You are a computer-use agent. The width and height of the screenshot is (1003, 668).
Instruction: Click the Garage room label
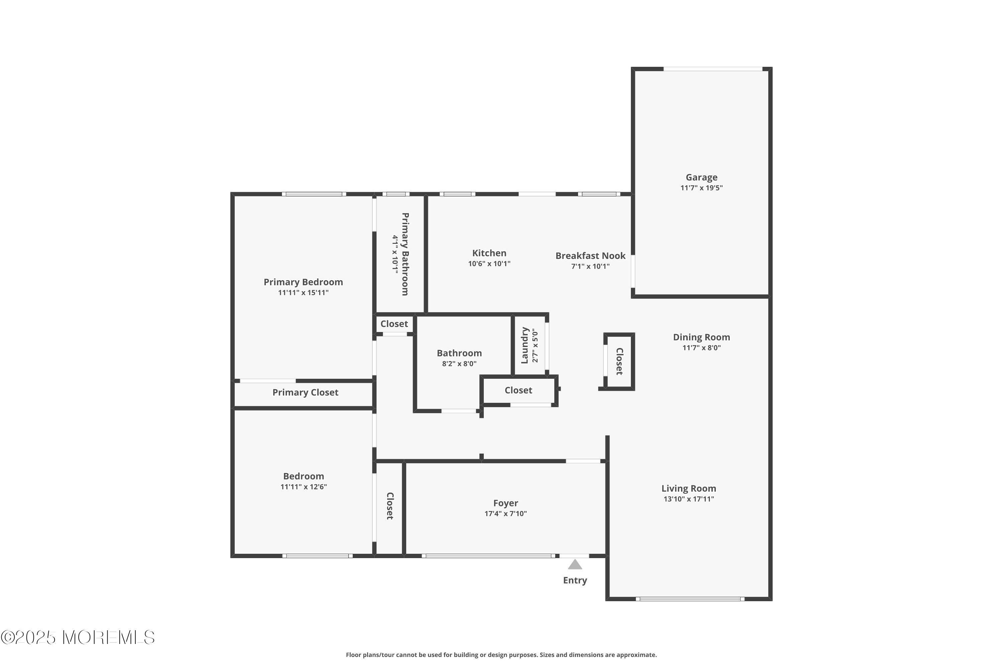point(701,178)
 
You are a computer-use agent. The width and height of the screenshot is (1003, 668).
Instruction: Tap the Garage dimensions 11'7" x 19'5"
point(701,188)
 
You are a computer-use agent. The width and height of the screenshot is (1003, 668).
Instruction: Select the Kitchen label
point(489,253)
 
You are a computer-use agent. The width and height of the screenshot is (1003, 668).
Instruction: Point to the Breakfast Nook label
point(590,256)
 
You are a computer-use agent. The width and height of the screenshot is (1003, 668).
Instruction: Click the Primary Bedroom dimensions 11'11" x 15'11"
point(303,293)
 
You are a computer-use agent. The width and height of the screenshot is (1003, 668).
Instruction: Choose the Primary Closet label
point(305,392)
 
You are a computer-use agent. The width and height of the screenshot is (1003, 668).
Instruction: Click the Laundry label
point(525,345)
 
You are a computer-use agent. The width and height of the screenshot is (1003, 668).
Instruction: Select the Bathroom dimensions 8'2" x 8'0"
point(459,364)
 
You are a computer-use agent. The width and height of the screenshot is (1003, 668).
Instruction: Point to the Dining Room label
point(701,337)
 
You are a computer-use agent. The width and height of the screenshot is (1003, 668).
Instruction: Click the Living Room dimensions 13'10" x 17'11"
point(689,499)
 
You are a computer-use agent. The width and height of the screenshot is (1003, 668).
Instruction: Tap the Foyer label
point(506,503)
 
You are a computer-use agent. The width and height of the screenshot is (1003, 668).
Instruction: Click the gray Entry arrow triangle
point(575,565)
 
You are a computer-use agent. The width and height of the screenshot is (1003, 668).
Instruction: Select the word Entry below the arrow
point(575,580)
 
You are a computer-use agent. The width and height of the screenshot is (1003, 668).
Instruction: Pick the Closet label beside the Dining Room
point(620,361)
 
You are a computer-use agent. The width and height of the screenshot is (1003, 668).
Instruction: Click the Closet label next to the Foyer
point(390,506)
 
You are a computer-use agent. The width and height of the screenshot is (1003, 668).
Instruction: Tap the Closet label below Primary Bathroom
point(394,324)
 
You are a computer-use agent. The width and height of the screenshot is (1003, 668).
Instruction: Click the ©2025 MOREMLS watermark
point(78,637)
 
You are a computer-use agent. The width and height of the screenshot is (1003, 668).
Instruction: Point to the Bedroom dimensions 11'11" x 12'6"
point(303,487)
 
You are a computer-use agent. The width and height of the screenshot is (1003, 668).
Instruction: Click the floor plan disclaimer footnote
point(501,655)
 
